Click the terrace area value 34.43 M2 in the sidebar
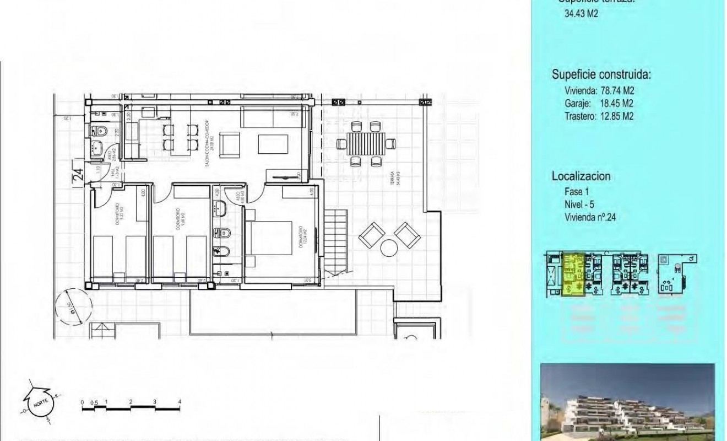click(x=582, y=14)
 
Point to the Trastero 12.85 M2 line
click(x=599, y=116)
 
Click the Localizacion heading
click(x=580, y=176)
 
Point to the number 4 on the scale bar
click(x=180, y=402)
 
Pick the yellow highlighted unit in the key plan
click(x=573, y=275)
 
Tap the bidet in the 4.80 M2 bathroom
click(x=220, y=252)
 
